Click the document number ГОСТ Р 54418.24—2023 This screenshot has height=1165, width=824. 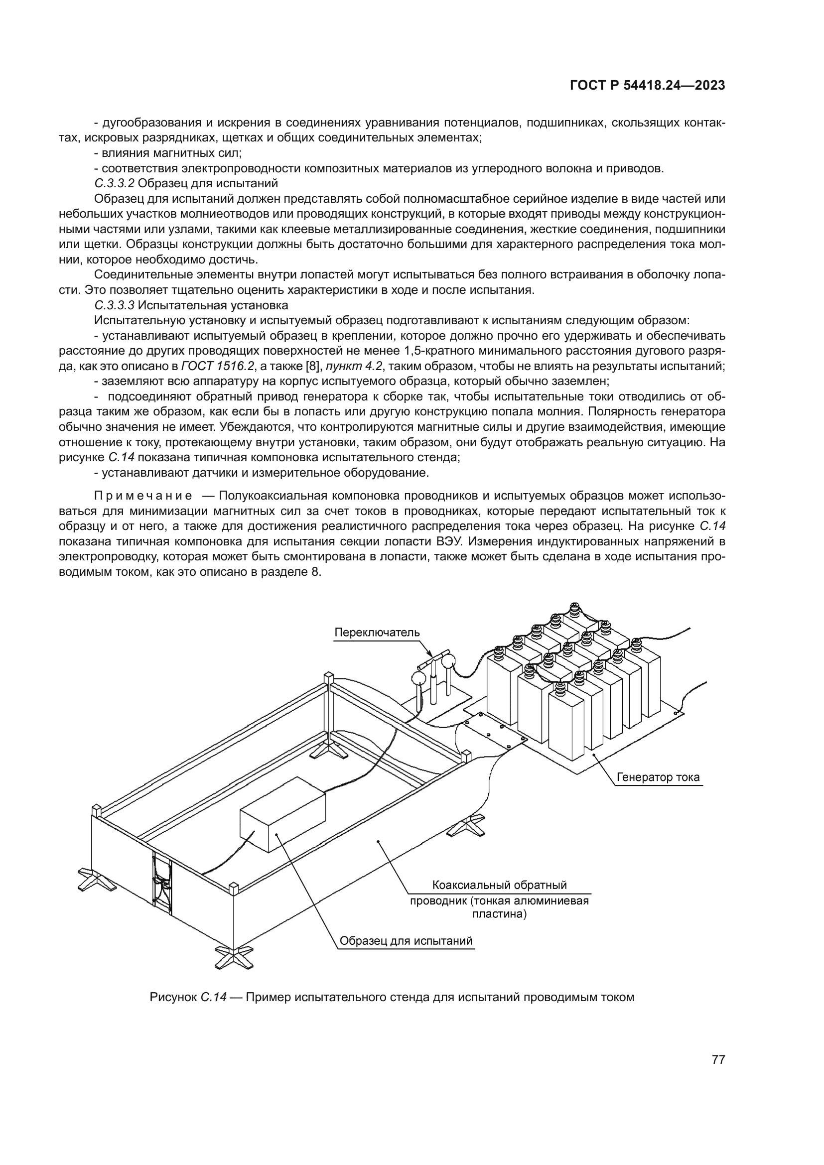pos(648,86)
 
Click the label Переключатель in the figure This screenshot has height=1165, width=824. pos(377,632)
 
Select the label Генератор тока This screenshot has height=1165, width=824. pos(658,777)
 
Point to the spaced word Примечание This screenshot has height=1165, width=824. pos(143,495)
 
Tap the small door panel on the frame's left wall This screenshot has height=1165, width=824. pos(162,884)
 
